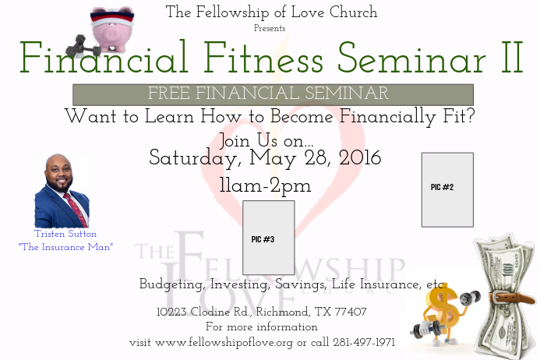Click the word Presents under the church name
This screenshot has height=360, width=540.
pos(270,28)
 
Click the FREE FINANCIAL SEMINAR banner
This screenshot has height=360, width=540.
pos(273,94)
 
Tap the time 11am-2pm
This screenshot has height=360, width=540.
pos(265,186)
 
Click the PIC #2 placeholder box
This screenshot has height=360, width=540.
pos(447,189)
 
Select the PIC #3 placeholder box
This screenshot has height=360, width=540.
pos(268,238)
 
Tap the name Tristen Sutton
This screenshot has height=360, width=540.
pos(65,234)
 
